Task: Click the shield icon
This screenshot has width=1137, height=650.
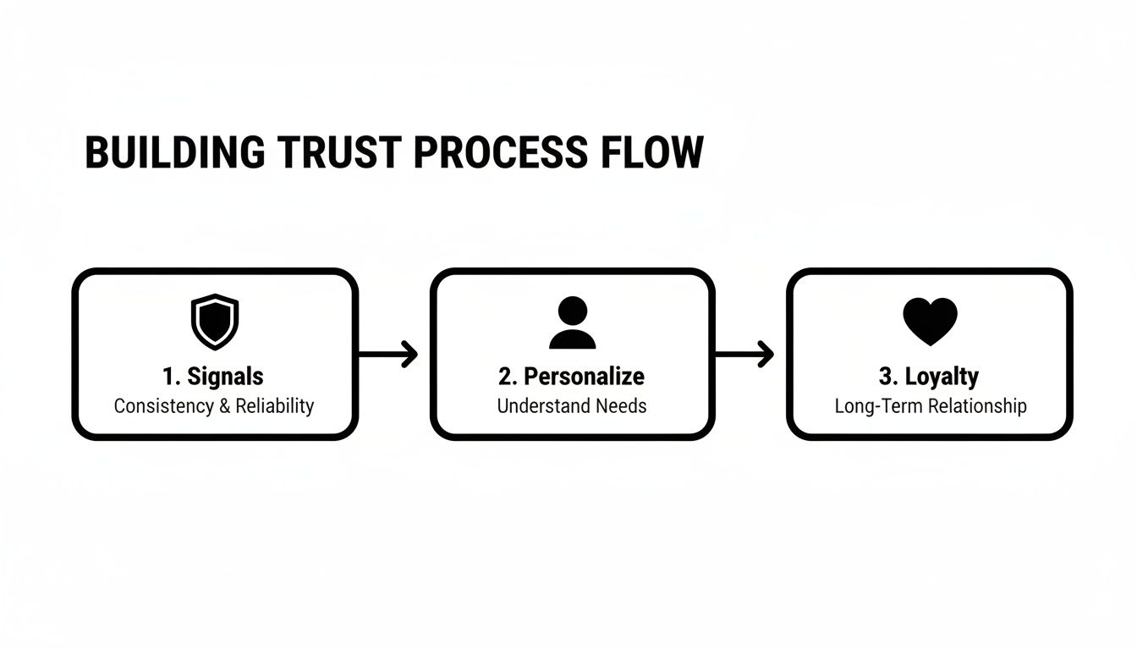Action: [215, 321]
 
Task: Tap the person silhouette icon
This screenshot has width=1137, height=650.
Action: [572, 322]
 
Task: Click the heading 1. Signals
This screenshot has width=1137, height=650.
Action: [213, 377]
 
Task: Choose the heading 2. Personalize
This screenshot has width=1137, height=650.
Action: [572, 377]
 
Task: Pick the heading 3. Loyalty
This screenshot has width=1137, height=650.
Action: [930, 377]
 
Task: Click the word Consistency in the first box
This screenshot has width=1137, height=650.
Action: [163, 406]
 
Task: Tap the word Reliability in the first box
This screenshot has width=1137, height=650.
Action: [275, 406]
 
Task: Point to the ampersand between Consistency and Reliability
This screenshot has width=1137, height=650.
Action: [224, 406]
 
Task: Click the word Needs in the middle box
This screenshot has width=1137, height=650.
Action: [621, 406]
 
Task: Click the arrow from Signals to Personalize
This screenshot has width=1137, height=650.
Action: [389, 354]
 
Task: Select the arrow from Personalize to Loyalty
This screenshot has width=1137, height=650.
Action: [745, 354]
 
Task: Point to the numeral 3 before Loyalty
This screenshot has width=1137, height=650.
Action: [884, 377]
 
